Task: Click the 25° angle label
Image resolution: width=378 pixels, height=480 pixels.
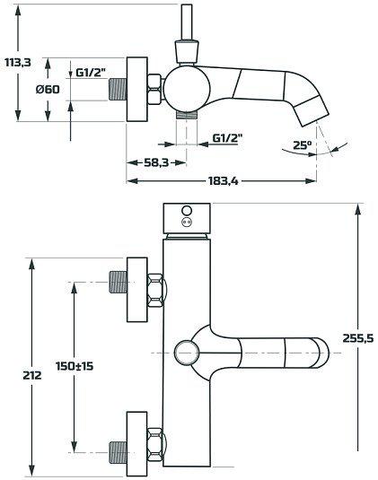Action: point(303,144)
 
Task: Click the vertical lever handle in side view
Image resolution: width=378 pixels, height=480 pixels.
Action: point(189,27)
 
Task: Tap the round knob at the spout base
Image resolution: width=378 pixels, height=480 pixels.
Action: point(186,352)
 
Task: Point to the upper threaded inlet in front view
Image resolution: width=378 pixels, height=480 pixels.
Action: point(117,284)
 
